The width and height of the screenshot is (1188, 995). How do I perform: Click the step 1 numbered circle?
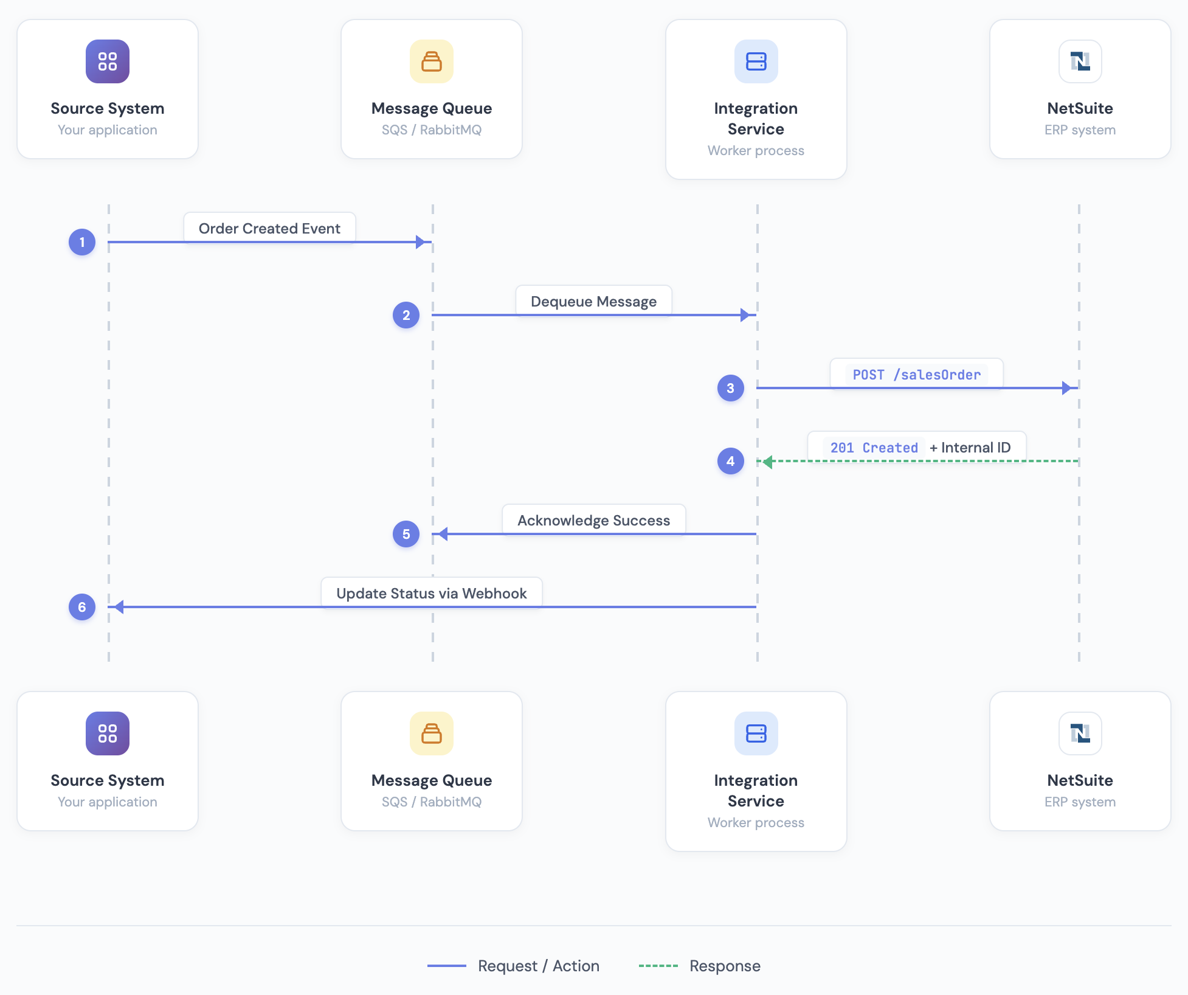pyautogui.click(x=82, y=242)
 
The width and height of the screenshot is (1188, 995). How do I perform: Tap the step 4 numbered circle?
pyautogui.click(x=730, y=461)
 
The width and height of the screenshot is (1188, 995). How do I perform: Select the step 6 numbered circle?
pyautogui.click(x=82, y=607)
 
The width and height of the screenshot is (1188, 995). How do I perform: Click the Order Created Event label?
pyautogui.click(x=269, y=229)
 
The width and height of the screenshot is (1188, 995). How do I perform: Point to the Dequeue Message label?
pyautogui.click(x=593, y=302)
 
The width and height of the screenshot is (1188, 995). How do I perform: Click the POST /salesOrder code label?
pyautogui.click(x=916, y=375)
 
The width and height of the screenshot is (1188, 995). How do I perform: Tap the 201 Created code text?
pyautogui.click(x=874, y=448)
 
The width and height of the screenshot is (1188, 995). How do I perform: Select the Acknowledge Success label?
pyautogui.click(x=593, y=521)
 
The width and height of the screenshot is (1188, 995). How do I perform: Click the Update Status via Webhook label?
pyautogui.click(x=431, y=594)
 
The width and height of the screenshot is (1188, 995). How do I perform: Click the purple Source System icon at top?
pyautogui.click(x=108, y=61)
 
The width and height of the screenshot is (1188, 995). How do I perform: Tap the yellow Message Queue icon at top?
pyautogui.click(x=432, y=61)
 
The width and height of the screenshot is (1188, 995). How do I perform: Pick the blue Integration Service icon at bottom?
pyautogui.click(x=756, y=733)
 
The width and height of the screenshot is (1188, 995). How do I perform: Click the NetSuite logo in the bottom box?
pyautogui.click(x=1080, y=733)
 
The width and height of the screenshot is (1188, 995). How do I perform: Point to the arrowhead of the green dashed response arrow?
pyautogui.click(x=768, y=462)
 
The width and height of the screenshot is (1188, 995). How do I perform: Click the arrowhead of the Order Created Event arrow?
pyautogui.click(x=420, y=242)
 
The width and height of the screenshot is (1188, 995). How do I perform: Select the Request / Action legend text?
pyautogui.click(x=538, y=966)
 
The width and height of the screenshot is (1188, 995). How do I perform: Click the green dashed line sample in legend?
pyautogui.click(x=658, y=966)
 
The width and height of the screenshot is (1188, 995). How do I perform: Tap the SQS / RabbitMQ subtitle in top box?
pyautogui.click(x=432, y=130)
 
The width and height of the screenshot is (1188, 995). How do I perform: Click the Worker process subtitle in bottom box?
pyautogui.click(x=756, y=823)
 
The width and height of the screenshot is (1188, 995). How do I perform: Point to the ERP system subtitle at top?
pyautogui.click(x=1080, y=130)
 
